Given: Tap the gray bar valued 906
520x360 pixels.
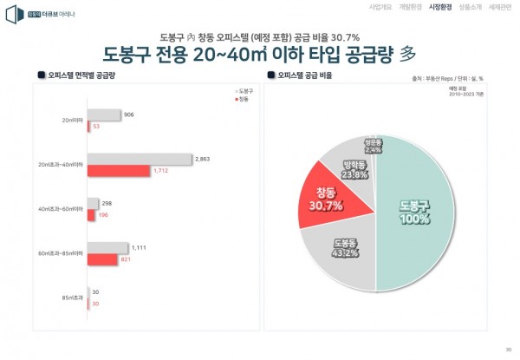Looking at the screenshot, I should pyautogui.click(x=104, y=115).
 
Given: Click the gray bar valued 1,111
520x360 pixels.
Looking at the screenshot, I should pyautogui.click(x=107, y=248).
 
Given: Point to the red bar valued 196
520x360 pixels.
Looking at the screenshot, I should pyautogui.click(x=92, y=214).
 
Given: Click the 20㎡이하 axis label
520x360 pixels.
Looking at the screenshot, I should pyautogui.click(x=72, y=121).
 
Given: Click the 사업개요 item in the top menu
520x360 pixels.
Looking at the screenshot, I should pyautogui.click(x=356, y=7).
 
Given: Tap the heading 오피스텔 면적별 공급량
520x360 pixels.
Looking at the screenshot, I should pyautogui.click(x=82, y=75).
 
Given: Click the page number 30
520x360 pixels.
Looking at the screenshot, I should pyautogui.click(x=509, y=350).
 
